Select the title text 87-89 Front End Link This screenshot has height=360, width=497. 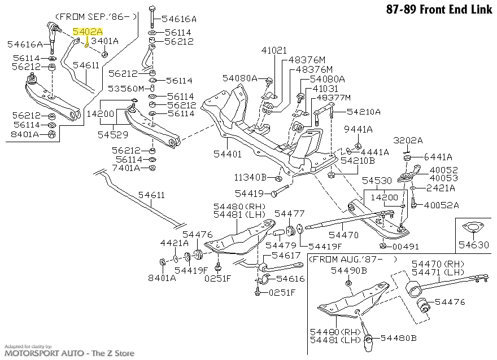tap(441, 10)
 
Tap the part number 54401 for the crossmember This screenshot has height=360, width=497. tap(227, 153)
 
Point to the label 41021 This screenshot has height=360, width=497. tap(274, 51)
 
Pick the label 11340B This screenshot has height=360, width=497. tap(249, 177)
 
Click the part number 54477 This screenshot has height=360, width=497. tap(289, 214)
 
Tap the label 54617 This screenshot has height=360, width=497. tap(289, 256)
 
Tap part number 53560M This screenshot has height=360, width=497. tap(127, 89)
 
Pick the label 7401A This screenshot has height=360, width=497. tap(127, 168)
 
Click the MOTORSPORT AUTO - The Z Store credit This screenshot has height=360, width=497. tap(68, 353)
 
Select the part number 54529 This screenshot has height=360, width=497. tap(112, 135)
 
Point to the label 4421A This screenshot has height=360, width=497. tap(175, 244)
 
